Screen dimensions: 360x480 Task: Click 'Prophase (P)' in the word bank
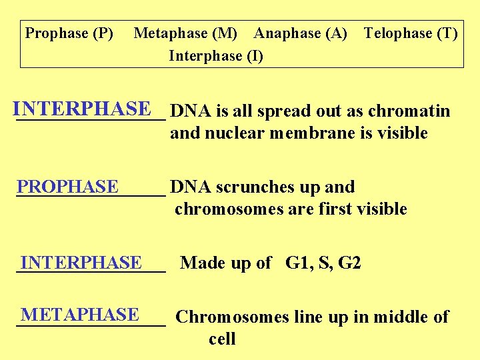69,33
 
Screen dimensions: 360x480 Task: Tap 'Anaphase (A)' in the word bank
301,33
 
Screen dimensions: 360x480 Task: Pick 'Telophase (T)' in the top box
411,33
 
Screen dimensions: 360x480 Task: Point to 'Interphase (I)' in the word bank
216,56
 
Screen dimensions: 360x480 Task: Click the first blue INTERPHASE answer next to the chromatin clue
81,109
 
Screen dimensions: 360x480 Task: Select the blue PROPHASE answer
67,187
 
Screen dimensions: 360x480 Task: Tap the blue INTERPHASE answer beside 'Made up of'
81,263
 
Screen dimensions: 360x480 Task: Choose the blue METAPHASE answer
79,314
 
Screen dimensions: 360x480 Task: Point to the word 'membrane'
313,133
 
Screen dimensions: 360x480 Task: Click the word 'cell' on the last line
222,339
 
